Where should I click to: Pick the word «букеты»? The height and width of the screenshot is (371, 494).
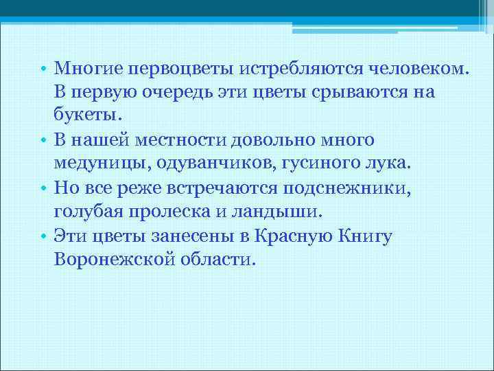pos(87,116)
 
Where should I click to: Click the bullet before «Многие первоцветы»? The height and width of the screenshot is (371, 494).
pos(43,69)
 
